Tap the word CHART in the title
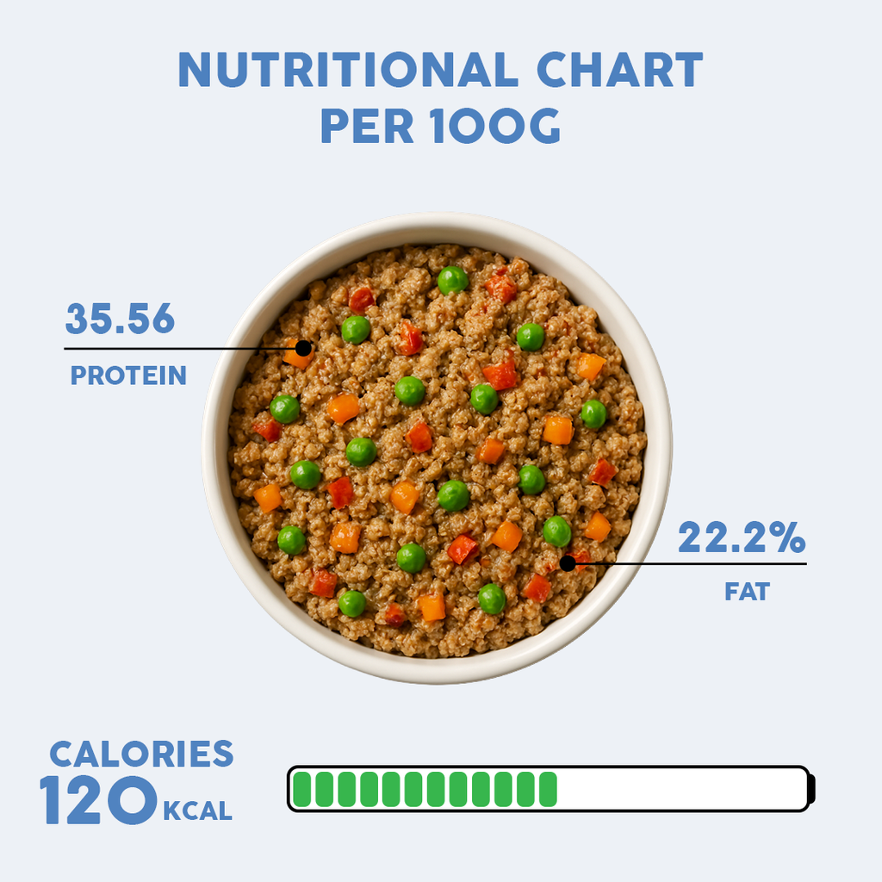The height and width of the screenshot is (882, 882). coord(619,71)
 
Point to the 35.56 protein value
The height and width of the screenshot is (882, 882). coord(120,320)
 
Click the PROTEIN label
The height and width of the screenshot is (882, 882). coord(128,376)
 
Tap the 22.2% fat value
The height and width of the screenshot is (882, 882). coord(741,538)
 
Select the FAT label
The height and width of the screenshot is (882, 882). coord(747,592)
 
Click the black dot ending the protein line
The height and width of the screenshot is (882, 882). coord(303,348)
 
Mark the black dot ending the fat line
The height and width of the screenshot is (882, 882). coord(567,563)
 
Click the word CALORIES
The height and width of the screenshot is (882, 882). coord(141,754)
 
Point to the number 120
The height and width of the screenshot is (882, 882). coord(97,801)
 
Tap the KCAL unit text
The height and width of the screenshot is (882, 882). coord(196,811)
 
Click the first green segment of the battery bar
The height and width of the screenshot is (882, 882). coord(301,789)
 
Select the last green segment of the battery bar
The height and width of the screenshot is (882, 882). coord(547,789)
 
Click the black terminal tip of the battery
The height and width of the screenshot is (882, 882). coord(811,789)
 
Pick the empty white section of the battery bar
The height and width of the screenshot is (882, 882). coord(680,789)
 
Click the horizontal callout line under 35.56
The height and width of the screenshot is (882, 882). coord(172,348)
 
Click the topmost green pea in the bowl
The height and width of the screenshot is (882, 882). coord(452,279)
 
